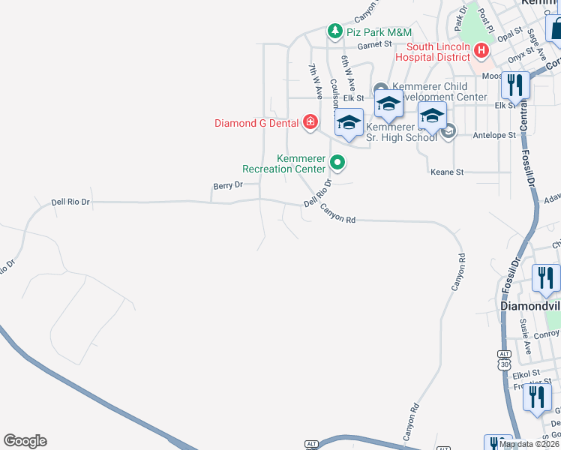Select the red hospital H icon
[x=481, y=51]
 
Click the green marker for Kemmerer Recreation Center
[x=337, y=161]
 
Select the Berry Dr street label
[x=228, y=185]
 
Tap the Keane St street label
[x=447, y=172]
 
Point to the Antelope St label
[x=495, y=136]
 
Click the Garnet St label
[x=375, y=45]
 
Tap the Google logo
[x=25, y=441]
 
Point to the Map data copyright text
[x=529, y=444]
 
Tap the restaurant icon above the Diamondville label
[x=545, y=277]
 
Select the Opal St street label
[x=509, y=34]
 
